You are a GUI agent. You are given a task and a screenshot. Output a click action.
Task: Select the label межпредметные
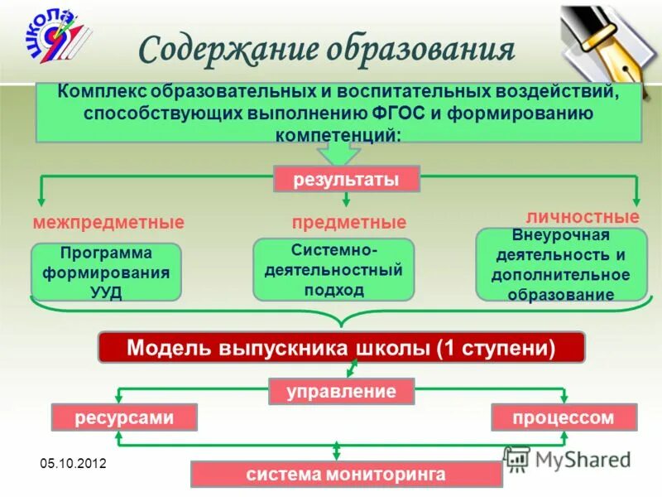[x=108, y=223]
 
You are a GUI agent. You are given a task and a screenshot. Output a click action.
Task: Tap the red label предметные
[x=349, y=223]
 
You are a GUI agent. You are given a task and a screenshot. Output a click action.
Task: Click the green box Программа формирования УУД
[x=106, y=272]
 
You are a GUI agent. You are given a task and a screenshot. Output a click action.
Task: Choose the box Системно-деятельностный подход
[x=333, y=269]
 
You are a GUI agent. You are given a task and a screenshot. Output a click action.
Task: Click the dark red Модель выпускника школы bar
[x=341, y=348]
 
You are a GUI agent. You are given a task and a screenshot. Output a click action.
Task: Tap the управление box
[x=341, y=391]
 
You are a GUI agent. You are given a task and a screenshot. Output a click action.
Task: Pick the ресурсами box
[x=124, y=418]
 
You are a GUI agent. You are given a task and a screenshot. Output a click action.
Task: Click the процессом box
[x=564, y=418]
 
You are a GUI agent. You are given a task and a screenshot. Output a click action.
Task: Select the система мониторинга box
[x=346, y=475]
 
